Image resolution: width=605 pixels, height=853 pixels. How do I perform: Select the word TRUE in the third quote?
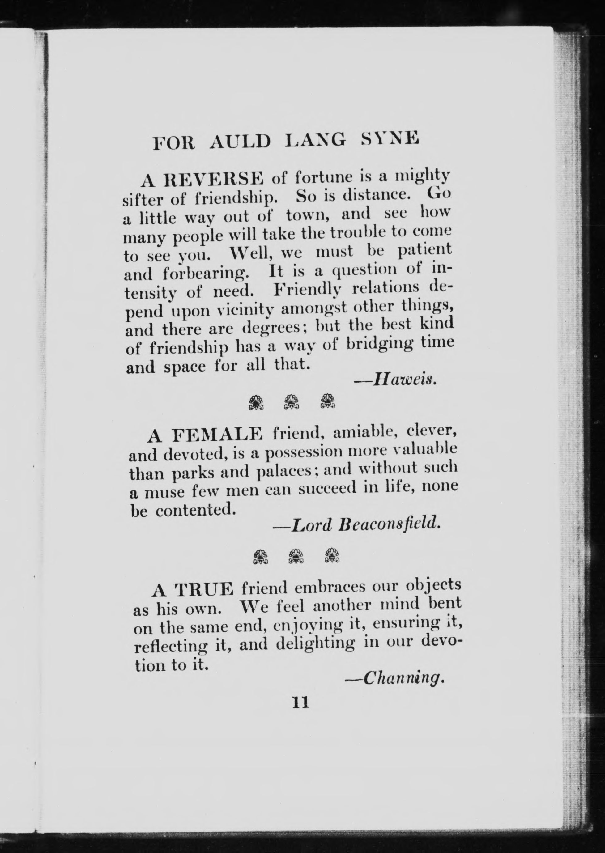coord(204,589)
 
